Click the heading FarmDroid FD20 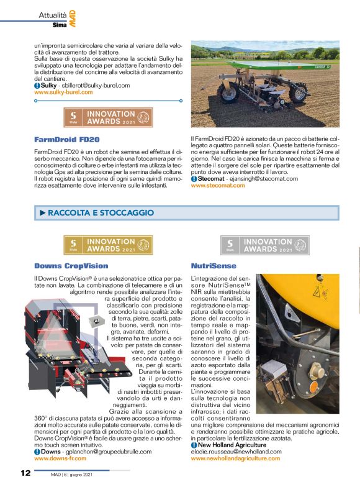pyautogui.click(x=61, y=139)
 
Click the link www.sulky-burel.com pyautogui.click(x=63, y=92)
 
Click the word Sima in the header pyautogui.click(x=60, y=24)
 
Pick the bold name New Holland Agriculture pyautogui.click(x=232, y=445)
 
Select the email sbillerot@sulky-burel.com pyautogui.click(x=99, y=85)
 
